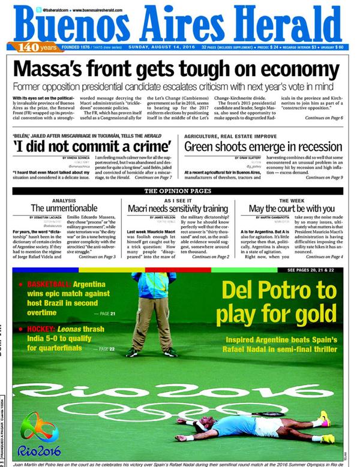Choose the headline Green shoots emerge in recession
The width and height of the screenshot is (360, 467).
(x=264, y=146)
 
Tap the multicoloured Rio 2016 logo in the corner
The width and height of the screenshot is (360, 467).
(x=39, y=435)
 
